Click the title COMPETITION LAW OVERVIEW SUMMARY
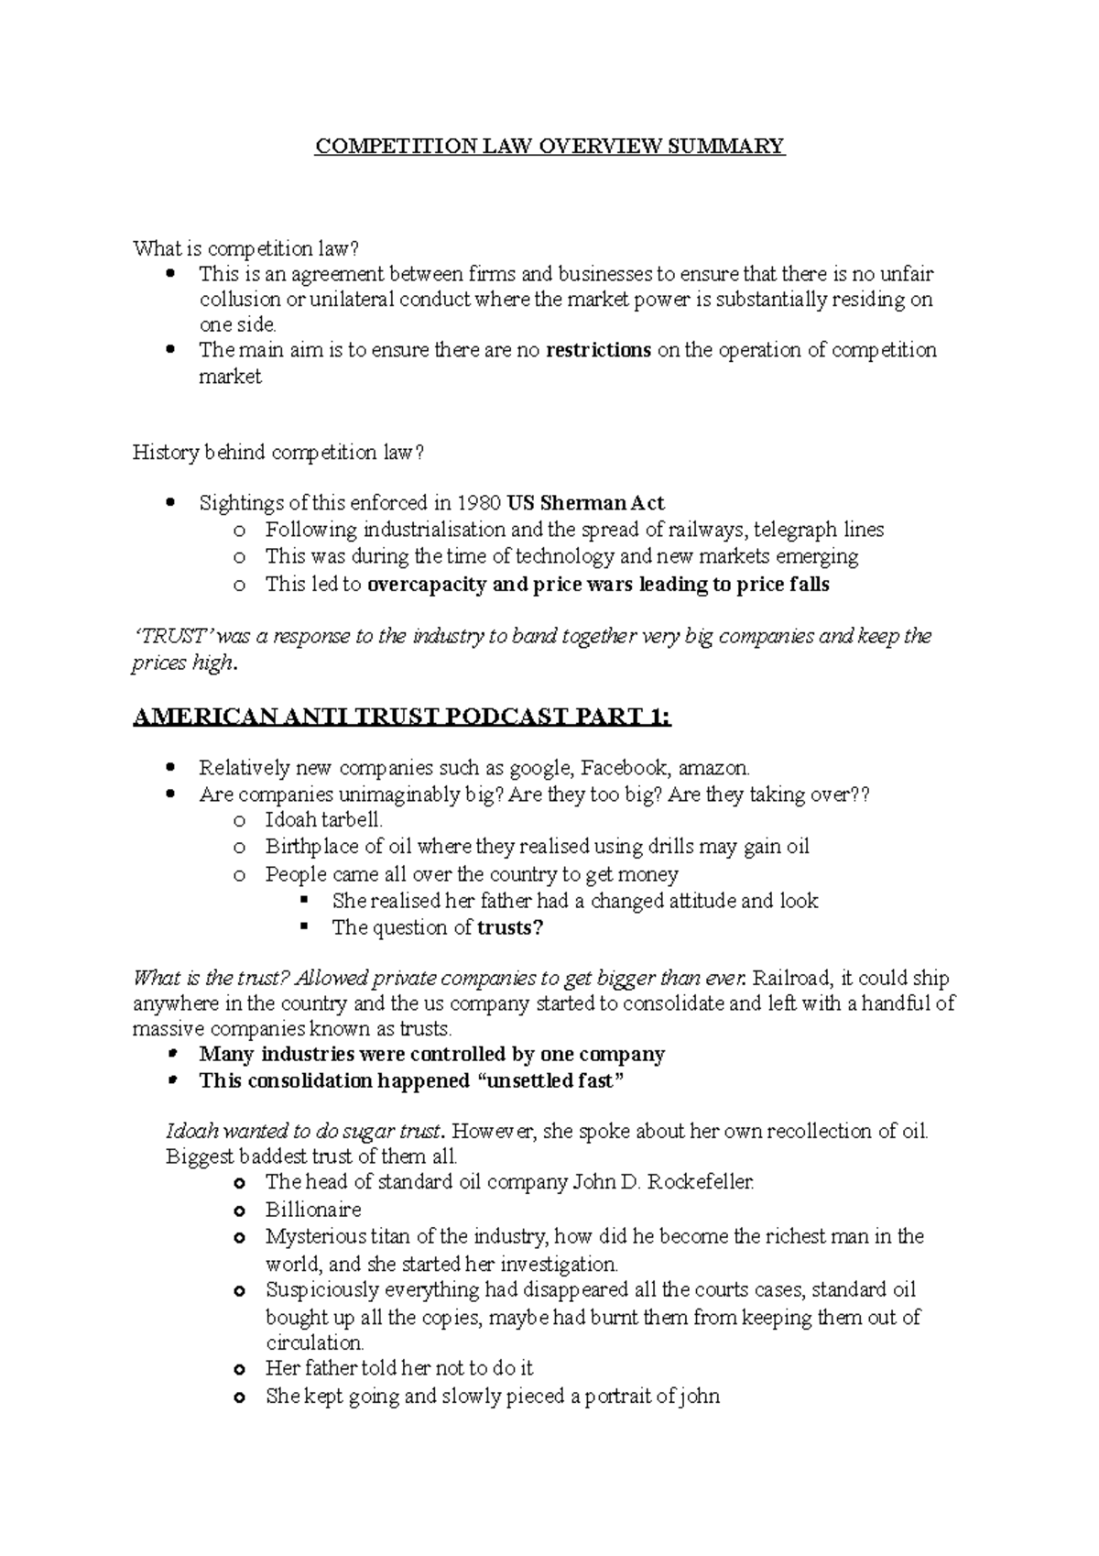[549, 147]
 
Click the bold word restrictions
[598, 350]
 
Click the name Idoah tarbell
[323, 820]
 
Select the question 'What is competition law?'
[247, 248]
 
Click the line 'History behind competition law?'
[278, 452]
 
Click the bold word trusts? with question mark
[510, 927]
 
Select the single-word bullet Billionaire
[313, 1210]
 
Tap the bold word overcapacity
[426, 585]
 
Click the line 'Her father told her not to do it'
[399, 1368]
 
